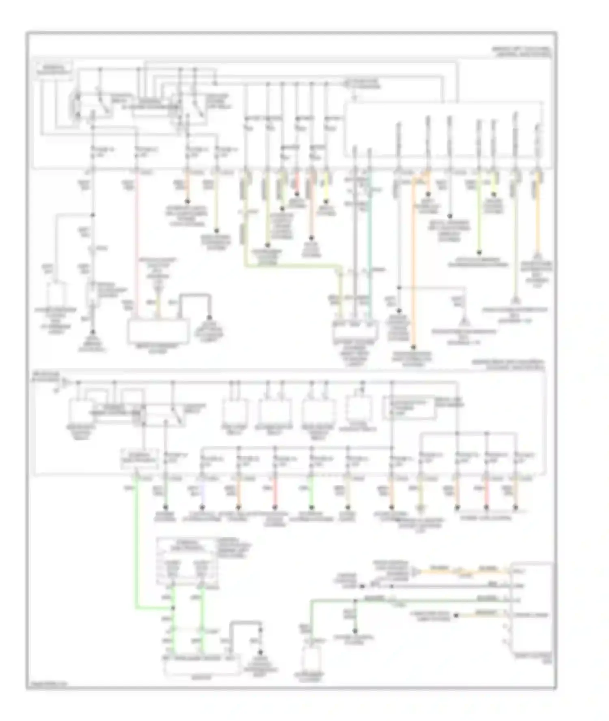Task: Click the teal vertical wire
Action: [x=369, y=243]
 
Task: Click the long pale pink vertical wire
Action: [x=136, y=243]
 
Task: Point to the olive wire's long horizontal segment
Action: [x=292, y=266]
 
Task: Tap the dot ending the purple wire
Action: [x=202, y=507]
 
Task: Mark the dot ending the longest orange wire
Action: [x=413, y=347]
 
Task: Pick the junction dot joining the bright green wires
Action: [x=174, y=607]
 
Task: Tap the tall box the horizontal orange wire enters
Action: [x=532, y=608]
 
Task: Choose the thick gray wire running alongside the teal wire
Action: [x=355, y=243]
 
